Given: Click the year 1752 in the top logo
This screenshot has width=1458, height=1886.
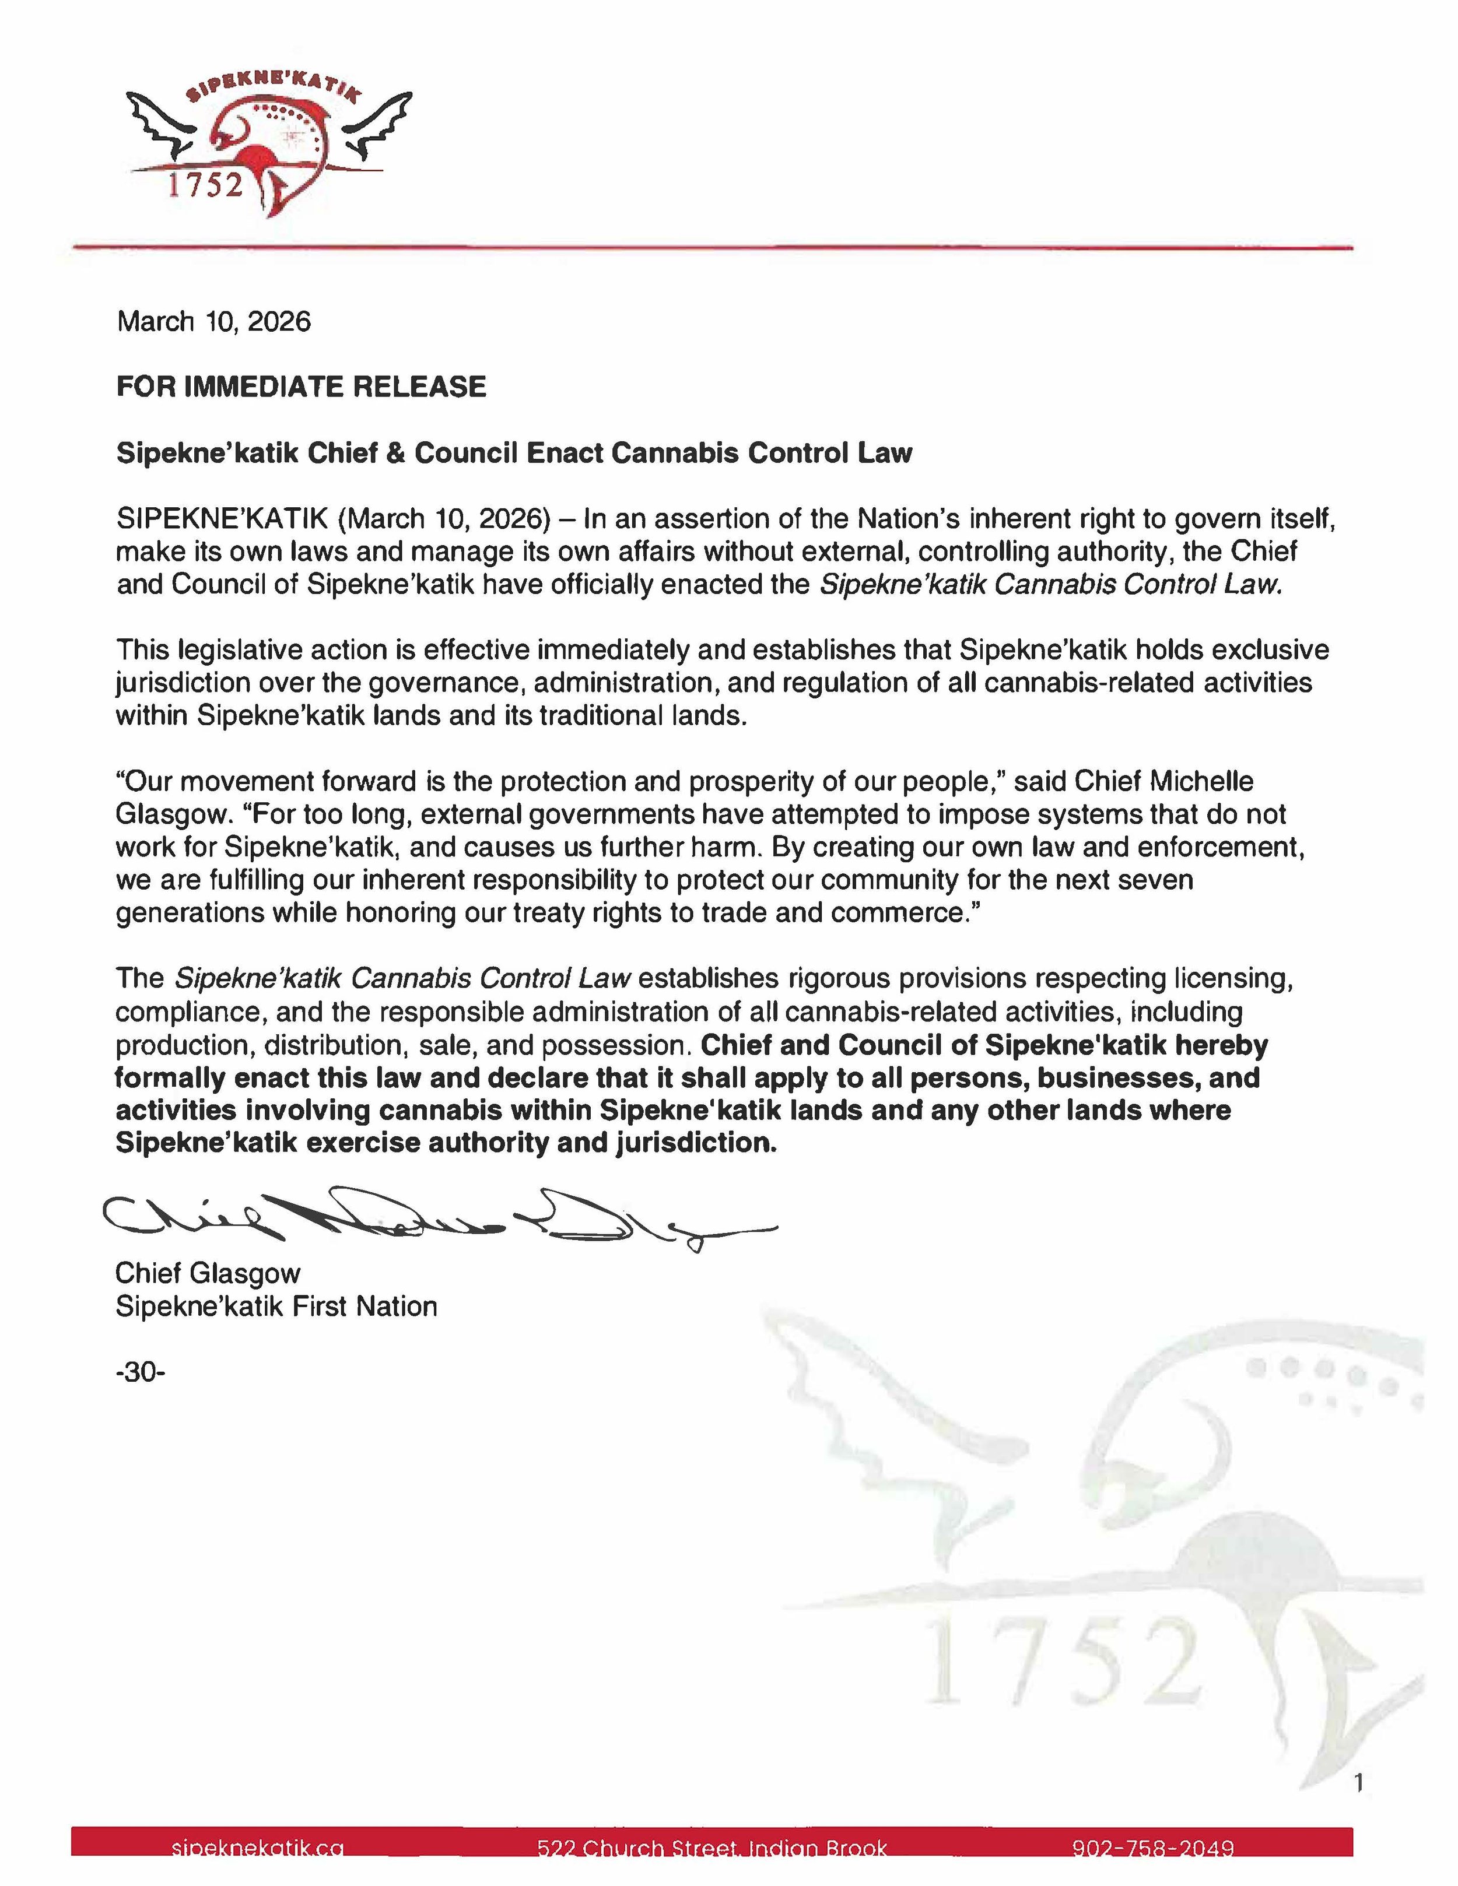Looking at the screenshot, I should pos(205,185).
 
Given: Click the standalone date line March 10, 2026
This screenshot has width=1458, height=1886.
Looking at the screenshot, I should pos(213,322).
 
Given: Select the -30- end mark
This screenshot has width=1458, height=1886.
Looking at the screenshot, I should pos(140,1371).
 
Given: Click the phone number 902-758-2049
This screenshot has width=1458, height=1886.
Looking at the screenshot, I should pos(1152,1848).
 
